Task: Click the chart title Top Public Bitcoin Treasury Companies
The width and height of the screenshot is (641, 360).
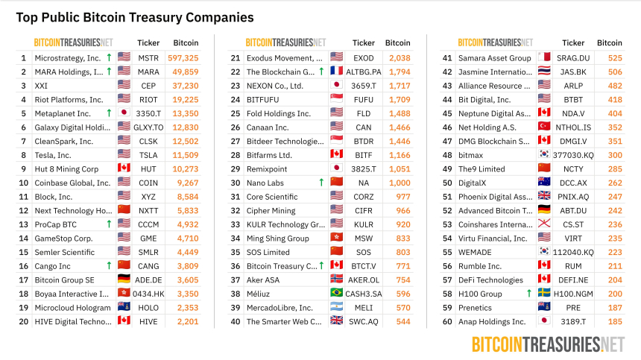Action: pyautogui.click(x=135, y=17)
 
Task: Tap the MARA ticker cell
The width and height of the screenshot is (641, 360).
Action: pyautogui.click(x=148, y=72)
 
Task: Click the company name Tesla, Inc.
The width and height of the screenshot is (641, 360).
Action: pyautogui.click(x=54, y=155)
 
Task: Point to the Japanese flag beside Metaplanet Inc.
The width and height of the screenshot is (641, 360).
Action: pyautogui.click(x=124, y=113)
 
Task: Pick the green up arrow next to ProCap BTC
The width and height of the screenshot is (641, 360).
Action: pyautogui.click(x=109, y=224)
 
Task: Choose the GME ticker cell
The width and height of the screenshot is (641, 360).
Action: pyautogui.click(x=148, y=239)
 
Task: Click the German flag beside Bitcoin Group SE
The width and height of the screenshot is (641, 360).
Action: pyautogui.click(x=124, y=280)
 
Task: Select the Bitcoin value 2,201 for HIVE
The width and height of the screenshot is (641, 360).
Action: pyautogui.click(x=186, y=321)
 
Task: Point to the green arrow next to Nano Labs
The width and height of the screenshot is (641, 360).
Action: pyautogui.click(x=321, y=183)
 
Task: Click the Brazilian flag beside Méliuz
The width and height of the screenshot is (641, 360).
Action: pyautogui.click(x=337, y=294)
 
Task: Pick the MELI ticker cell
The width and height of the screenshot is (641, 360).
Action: pyautogui.click(x=364, y=308)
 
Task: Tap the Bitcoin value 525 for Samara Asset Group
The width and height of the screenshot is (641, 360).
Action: pyautogui.click(x=615, y=58)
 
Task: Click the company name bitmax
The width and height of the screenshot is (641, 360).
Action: pyautogui.click(x=470, y=155)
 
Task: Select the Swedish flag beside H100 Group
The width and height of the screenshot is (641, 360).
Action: pyautogui.click(x=544, y=294)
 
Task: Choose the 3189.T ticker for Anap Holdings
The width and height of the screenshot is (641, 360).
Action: pyautogui.click(x=573, y=321)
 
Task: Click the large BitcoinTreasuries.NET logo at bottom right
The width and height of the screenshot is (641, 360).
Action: pyautogui.click(x=548, y=344)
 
